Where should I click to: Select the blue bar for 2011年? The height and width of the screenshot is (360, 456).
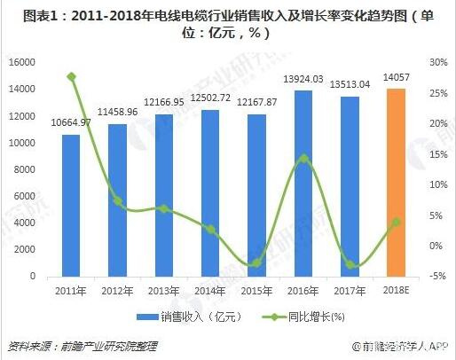pyautogui.click(x=71, y=205)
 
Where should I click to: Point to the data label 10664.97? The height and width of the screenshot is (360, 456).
pyautogui.click(x=72, y=121)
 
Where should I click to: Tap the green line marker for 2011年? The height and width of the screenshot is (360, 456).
pyautogui.click(x=72, y=77)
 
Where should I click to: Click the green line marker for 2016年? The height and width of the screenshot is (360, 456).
pyautogui.click(x=303, y=159)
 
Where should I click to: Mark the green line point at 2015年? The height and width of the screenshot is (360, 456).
pyautogui.click(x=257, y=263)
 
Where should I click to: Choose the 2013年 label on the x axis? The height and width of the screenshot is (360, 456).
pyautogui.click(x=164, y=291)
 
